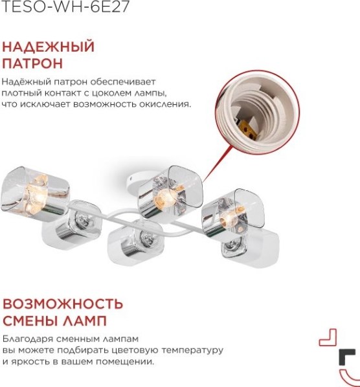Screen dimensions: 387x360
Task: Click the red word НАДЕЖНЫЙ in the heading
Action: coord(49,47)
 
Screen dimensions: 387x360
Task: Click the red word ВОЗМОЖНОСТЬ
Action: coord(63,304)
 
